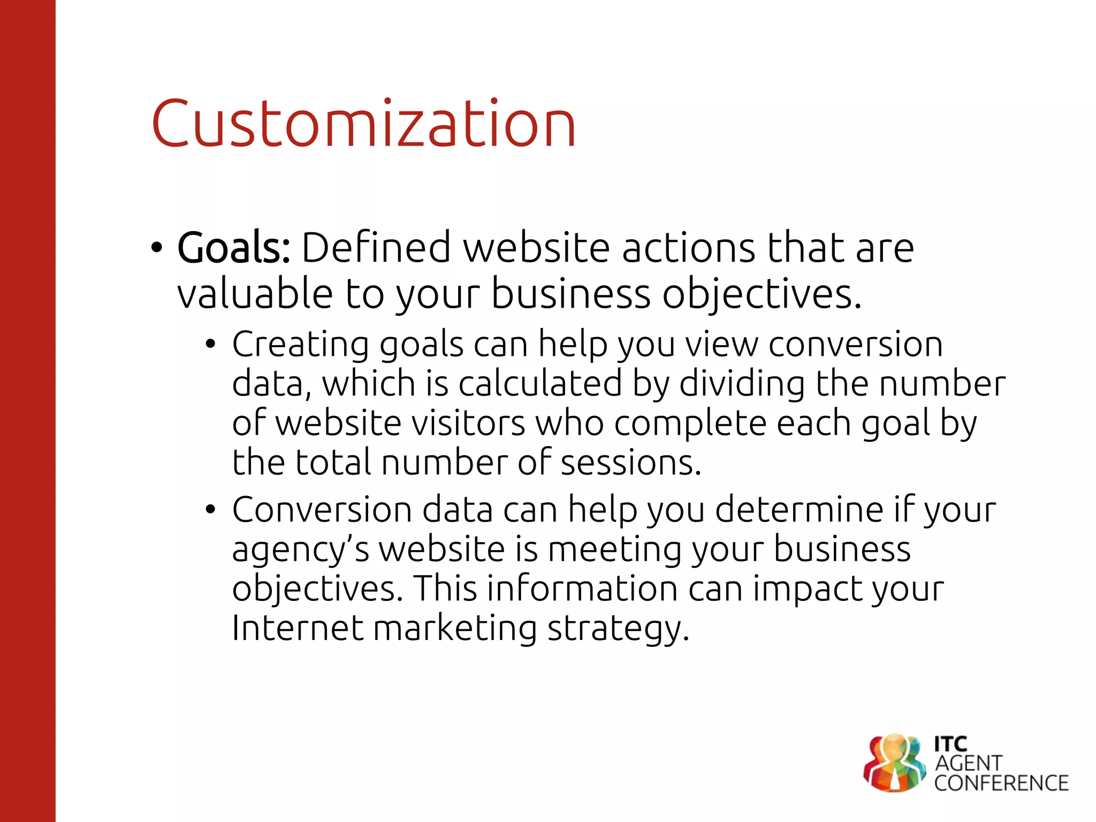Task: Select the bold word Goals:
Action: tap(234, 248)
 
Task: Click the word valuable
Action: tap(255, 294)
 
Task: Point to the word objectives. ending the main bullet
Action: tap(762, 295)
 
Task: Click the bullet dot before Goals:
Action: tap(156, 248)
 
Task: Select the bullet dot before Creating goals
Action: tap(210, 344)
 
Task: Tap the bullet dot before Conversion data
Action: tap(210, 509)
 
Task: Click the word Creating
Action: tap(300, 345)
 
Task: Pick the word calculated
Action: tap(541, 384)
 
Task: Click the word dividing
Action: tap(742, 384)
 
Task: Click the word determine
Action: tap(798, 509)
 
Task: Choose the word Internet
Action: tap(298, 628)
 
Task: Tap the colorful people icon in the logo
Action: tap(894, 763)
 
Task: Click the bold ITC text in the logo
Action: tap(950, 744)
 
